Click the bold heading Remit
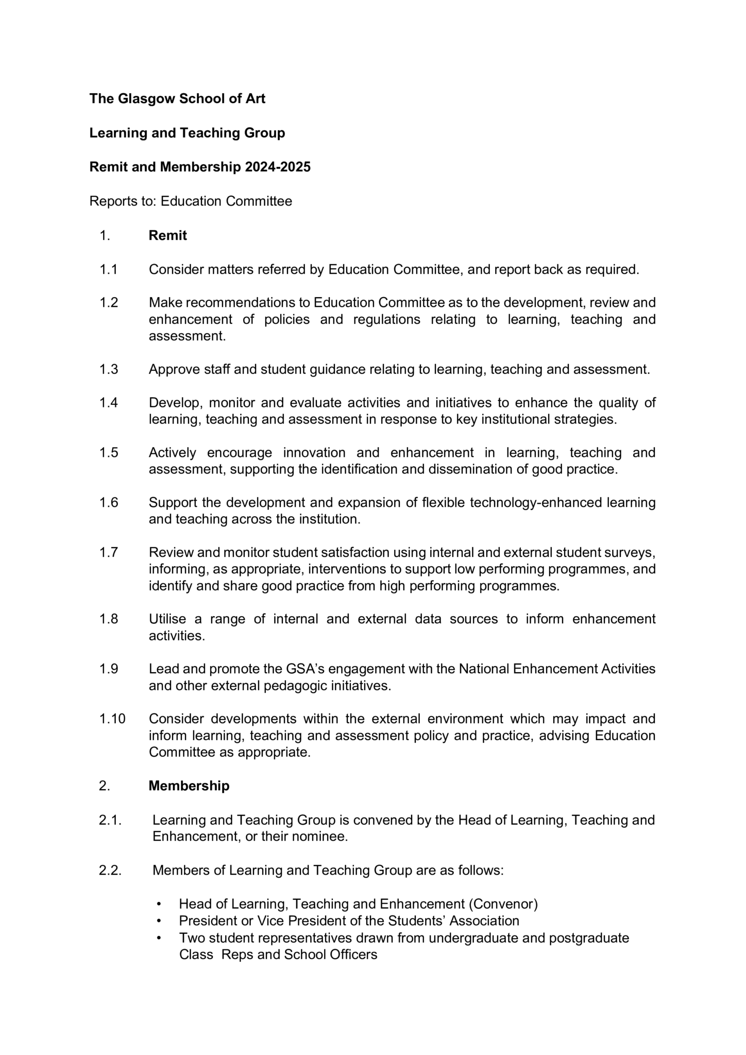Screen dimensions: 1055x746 pos(167,235)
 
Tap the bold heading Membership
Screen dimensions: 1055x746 pos(189,786)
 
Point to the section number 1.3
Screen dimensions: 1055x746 pos(109,369)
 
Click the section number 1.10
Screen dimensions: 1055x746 pos(112,719)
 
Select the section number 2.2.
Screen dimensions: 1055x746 pos(110,870)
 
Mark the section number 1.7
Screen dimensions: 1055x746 pos(109,552)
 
